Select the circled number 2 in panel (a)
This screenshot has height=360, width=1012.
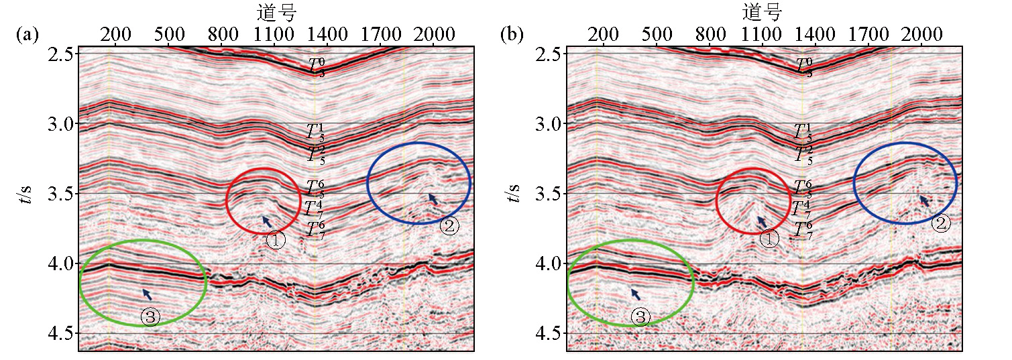click(449, 227)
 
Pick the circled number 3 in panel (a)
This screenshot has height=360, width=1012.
click(150, 317)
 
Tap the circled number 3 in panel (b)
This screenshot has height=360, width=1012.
click(640, 316)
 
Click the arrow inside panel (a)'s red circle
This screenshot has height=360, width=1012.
click(268, 221)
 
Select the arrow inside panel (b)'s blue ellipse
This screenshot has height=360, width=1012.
click(925, 200)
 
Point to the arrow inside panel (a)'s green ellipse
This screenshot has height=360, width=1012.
click(146, 293)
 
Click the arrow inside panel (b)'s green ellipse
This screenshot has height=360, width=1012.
click(634, 293)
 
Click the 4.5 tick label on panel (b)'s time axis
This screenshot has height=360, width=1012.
click(547, 333)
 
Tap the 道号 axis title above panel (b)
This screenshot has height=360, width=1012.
click(764, 11)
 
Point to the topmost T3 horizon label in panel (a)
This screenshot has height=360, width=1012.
click(316, 66)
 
